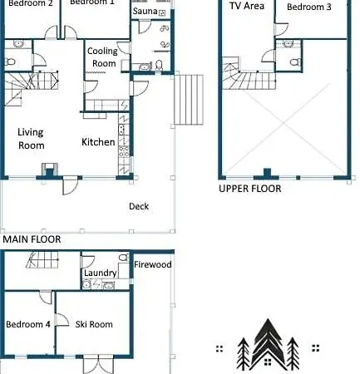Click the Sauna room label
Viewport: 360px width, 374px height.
(145, 11)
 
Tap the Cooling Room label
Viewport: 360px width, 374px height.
(103, 57)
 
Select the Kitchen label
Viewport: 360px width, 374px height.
(98, 142)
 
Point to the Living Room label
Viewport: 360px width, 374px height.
(31, 139)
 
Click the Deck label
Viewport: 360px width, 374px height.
(139, 206)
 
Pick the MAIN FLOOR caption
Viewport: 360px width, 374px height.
(32, 239)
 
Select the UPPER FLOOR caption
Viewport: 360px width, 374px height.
(250, 189)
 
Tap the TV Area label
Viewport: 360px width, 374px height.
(247, 6)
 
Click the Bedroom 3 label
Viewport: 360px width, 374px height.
(309, 7)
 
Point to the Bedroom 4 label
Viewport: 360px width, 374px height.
(28, 324)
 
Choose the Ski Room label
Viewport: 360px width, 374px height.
(94, 324)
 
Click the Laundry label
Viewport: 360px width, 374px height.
(101, 273)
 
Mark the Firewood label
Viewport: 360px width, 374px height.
(153, 264)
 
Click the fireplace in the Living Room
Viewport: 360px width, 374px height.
(50, 170)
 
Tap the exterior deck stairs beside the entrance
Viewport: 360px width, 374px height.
(189, 100)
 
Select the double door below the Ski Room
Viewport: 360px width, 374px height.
(98, 364)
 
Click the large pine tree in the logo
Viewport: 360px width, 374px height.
(268, 343)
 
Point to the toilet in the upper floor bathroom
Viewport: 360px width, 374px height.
(295, 62)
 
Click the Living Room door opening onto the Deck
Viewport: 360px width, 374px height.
(70, 185)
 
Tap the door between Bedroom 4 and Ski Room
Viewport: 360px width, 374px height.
(62, 320)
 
